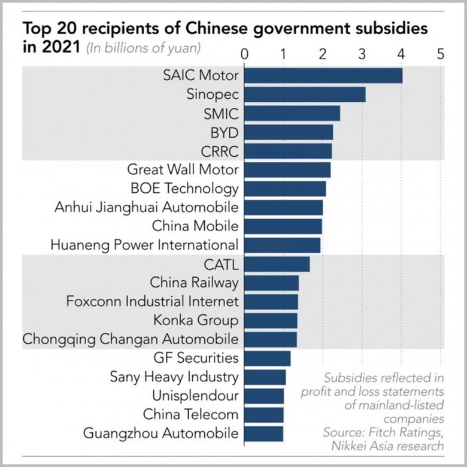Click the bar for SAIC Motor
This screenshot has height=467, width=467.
point(323,76)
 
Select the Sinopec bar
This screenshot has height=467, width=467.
point(305,95)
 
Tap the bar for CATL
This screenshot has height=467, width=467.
point(277,263)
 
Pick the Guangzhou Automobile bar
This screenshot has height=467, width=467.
point(263,433)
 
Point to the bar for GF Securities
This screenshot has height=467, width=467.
point(267,358)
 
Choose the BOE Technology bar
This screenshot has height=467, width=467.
point(285,189)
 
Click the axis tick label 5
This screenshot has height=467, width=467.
point(441,54)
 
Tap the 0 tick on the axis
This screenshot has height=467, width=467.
point(244,54)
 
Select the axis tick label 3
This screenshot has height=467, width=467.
point(362,54)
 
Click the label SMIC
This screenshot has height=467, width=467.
point(221,114)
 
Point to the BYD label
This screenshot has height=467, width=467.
point(225,132)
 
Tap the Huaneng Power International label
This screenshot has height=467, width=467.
point(144,245)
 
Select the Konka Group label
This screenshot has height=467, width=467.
point(196,320)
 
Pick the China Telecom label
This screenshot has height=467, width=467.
point(190,414)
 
